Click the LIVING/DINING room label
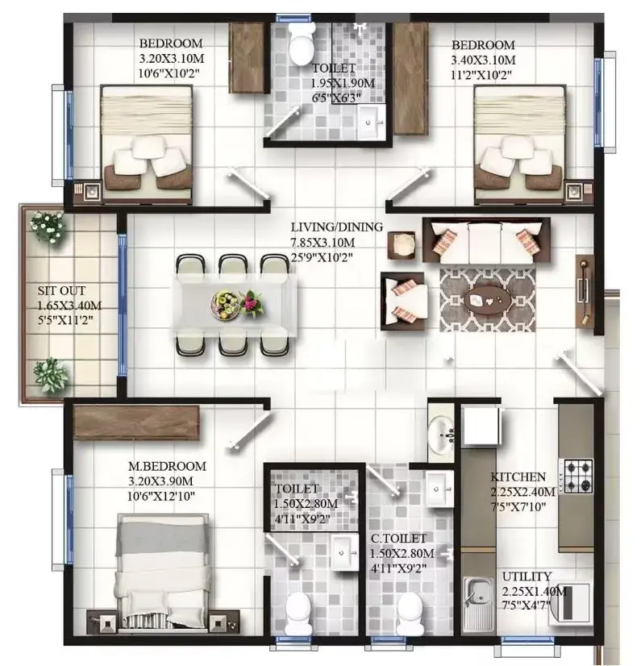click(x=337, y=227)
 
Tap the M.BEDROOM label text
click(x=168, y=466)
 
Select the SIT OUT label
click(x=61, y=291)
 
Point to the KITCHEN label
click(x=518, y=477)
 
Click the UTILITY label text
click(x=527, y=577)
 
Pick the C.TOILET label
click(x=398, y=539)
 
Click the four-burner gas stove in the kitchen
click(x=576, y=476)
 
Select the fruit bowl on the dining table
click(x=225, y=303)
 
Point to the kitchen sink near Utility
click(x=479, y=604)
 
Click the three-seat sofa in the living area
click(x=486, y=241)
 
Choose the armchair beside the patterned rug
click(x=403, y=301)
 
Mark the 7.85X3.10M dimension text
click(x=323, y=243)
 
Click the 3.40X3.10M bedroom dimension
click(x=484, y=60)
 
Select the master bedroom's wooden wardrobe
click(x=136, y=422)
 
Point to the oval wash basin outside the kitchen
click(x=440, y=435)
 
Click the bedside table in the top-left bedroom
click(x=88, y=193)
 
